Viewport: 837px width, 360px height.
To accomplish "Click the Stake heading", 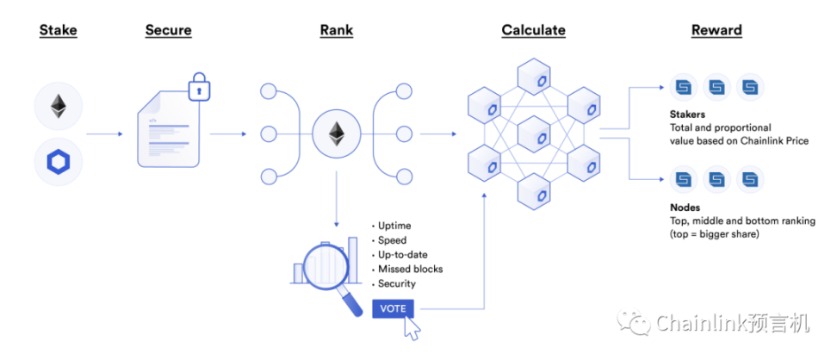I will [58, 31].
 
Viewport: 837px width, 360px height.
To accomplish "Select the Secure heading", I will [168, 31].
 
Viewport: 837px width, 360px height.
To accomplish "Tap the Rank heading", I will [336, 31].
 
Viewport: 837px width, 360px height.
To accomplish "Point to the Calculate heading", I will [533, 31].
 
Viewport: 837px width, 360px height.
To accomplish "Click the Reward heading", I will [716, 31].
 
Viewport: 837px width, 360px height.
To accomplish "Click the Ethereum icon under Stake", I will [59, 107].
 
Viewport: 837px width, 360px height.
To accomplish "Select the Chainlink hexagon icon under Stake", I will [59, 161].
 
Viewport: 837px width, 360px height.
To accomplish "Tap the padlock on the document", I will [200, 89].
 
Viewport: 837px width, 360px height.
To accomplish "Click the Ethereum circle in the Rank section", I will [335, 133].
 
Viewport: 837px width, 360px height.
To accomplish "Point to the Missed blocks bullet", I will [410, 269].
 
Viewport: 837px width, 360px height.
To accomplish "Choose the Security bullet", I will [396, 283].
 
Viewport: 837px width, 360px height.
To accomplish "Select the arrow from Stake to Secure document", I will [104, 133].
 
